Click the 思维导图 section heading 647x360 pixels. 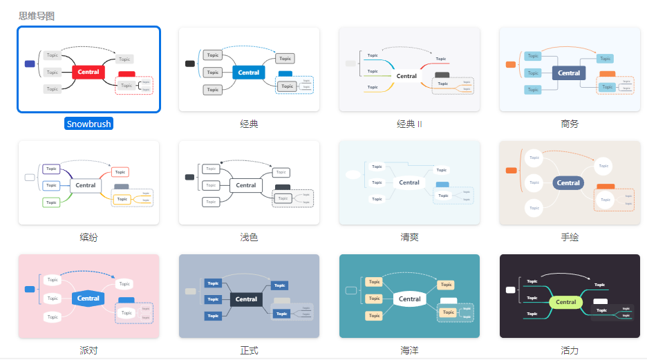coord(37,15)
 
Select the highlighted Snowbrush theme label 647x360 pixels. coord(88,124)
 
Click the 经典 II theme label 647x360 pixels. coord(409,124)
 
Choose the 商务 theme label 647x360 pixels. coord(570,124)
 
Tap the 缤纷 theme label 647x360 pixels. coord(88,237)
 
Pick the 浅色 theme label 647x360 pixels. coord(249,237)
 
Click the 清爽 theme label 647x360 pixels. coord(409,237)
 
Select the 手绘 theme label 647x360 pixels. coord(570,237)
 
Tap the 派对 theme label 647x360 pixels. coord(88,350)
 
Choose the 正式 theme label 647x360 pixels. coord(249,350)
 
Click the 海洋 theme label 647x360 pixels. coord(409,350)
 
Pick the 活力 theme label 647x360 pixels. coord(570,350)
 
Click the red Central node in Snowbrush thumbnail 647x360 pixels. coord(88,72)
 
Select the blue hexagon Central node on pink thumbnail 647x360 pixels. coord(88,299)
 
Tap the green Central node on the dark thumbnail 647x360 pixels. coord(565,302)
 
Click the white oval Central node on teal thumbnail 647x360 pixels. coord(409,299)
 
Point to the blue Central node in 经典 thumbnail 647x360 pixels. coord(248,73)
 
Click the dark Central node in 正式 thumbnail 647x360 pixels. coord(246,299)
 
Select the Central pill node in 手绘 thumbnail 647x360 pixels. coord(568,183)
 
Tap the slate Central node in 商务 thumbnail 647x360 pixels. coord(569,73)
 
